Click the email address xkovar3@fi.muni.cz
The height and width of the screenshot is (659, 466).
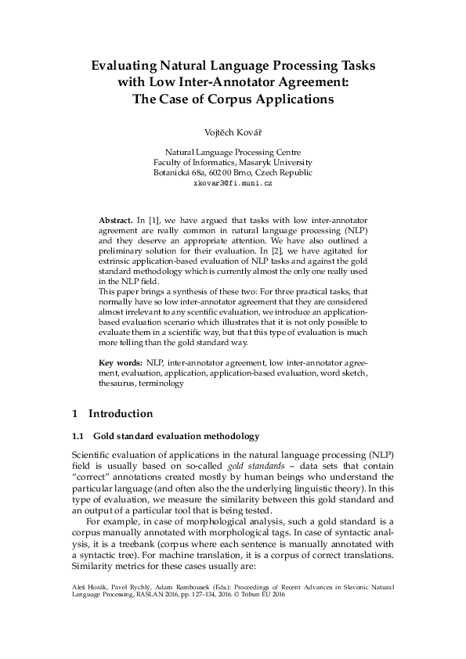click(233, 182)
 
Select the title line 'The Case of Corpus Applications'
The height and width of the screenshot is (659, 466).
click(233, 99)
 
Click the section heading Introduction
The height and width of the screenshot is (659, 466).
click(121, 413)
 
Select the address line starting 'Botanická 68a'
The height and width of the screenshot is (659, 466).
click(233, 172)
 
